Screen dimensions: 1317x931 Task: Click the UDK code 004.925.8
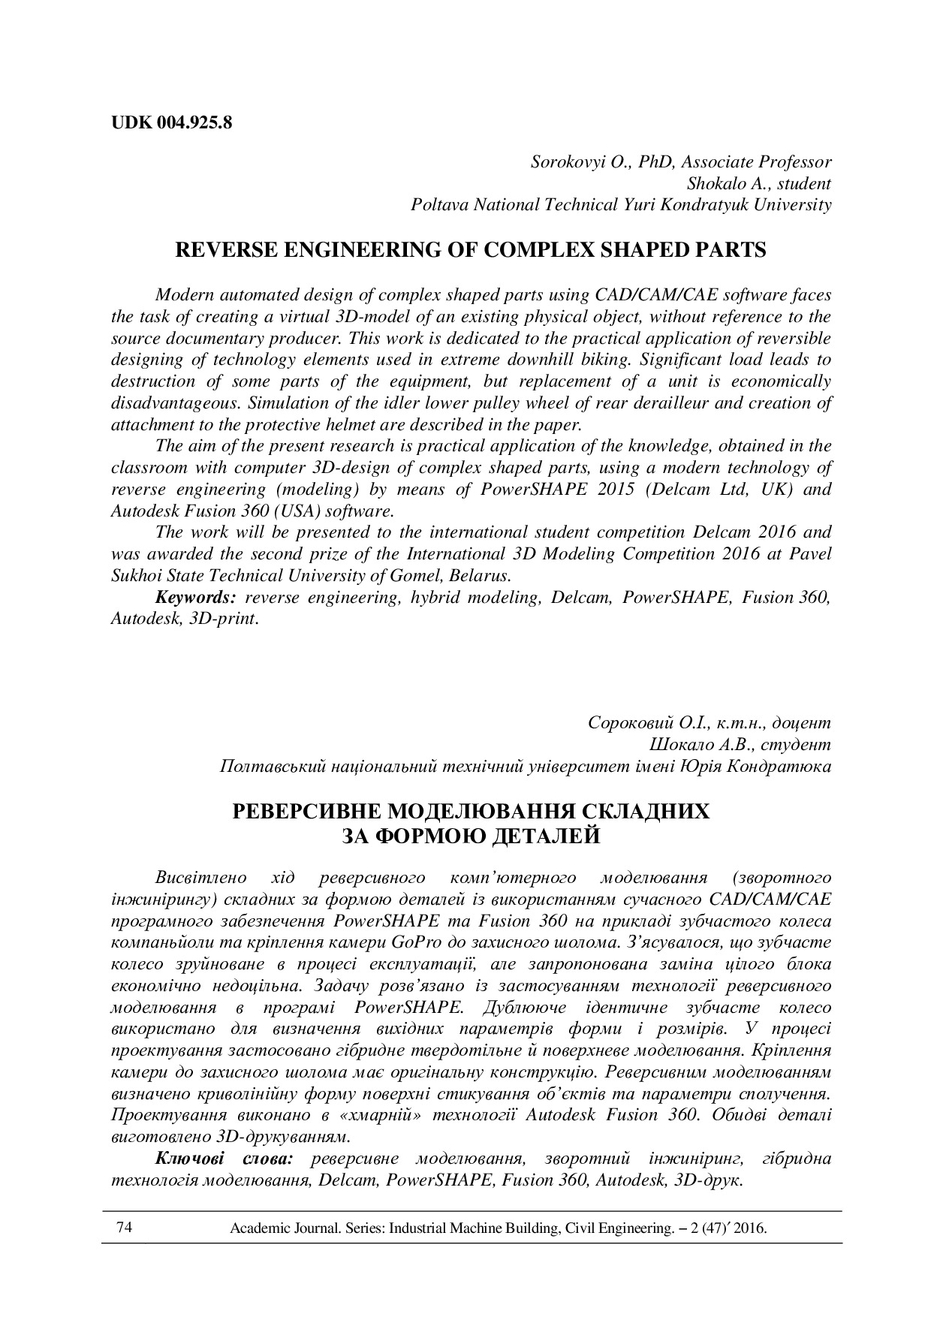[x=194, y=122]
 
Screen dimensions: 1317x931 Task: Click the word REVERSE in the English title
[x=222, y=251]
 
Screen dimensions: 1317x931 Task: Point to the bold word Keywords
[x=196, y=598]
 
